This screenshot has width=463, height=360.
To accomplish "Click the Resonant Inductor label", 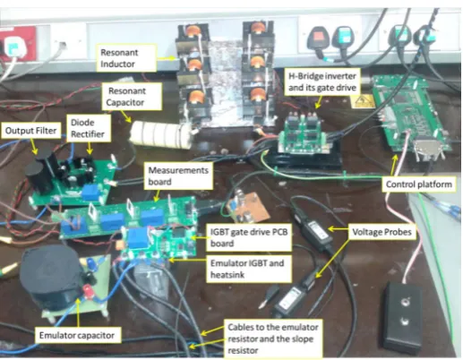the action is point(126,58).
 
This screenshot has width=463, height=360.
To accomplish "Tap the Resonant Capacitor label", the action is point(132,97).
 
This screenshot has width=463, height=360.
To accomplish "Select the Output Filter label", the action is point(30,131).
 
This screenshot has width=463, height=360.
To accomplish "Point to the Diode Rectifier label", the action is point(89,128).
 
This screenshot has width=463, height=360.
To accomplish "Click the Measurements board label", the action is point(178,176).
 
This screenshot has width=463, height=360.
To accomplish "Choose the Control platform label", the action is point(419,184).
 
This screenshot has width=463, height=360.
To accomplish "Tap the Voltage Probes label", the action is point(382,232).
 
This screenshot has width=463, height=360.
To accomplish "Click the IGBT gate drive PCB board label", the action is point(249,237).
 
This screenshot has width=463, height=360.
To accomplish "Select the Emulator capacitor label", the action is point(77,335).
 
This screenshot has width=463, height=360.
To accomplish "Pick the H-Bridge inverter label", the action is point(322,81).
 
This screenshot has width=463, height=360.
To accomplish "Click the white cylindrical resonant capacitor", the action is point(160,135).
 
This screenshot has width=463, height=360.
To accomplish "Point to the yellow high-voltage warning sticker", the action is point(362,101).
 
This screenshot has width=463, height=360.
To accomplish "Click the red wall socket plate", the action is point(17,44).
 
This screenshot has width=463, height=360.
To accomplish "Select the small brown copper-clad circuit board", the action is point(247,206).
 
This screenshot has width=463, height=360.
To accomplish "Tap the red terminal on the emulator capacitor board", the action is point(89,290).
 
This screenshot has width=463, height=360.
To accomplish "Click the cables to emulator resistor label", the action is point(272,339).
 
